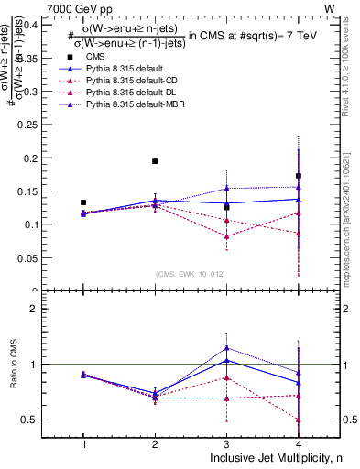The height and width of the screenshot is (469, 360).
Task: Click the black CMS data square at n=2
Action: [155, 161]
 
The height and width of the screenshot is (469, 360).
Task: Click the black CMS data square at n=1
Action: [83, 202]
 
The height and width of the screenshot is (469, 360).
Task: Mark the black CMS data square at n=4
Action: [299, 176]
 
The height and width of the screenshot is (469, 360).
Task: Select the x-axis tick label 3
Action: [226, 444]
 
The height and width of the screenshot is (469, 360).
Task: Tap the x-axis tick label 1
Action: [83, 444]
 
